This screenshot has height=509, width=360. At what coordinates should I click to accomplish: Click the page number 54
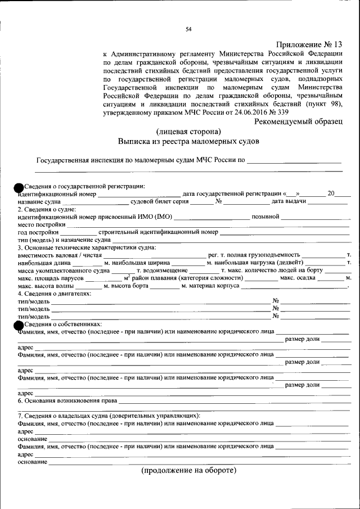tap(188, 30)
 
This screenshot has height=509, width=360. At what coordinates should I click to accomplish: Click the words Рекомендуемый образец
tap(298, 121)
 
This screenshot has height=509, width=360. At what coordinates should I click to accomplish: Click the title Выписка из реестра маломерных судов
tap(188, 142)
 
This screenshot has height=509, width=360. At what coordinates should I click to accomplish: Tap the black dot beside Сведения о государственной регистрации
tap(19, 187)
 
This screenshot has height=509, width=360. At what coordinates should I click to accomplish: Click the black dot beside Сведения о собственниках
tap(19, 325)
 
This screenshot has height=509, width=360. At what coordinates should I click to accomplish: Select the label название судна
tap(39, 201)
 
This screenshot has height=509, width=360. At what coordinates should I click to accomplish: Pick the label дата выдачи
tap(289, 201)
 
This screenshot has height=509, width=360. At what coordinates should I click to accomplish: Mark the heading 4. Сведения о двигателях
tap(53, 294)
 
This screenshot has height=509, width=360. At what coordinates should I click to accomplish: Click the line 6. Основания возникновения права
tap(67, 400)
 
